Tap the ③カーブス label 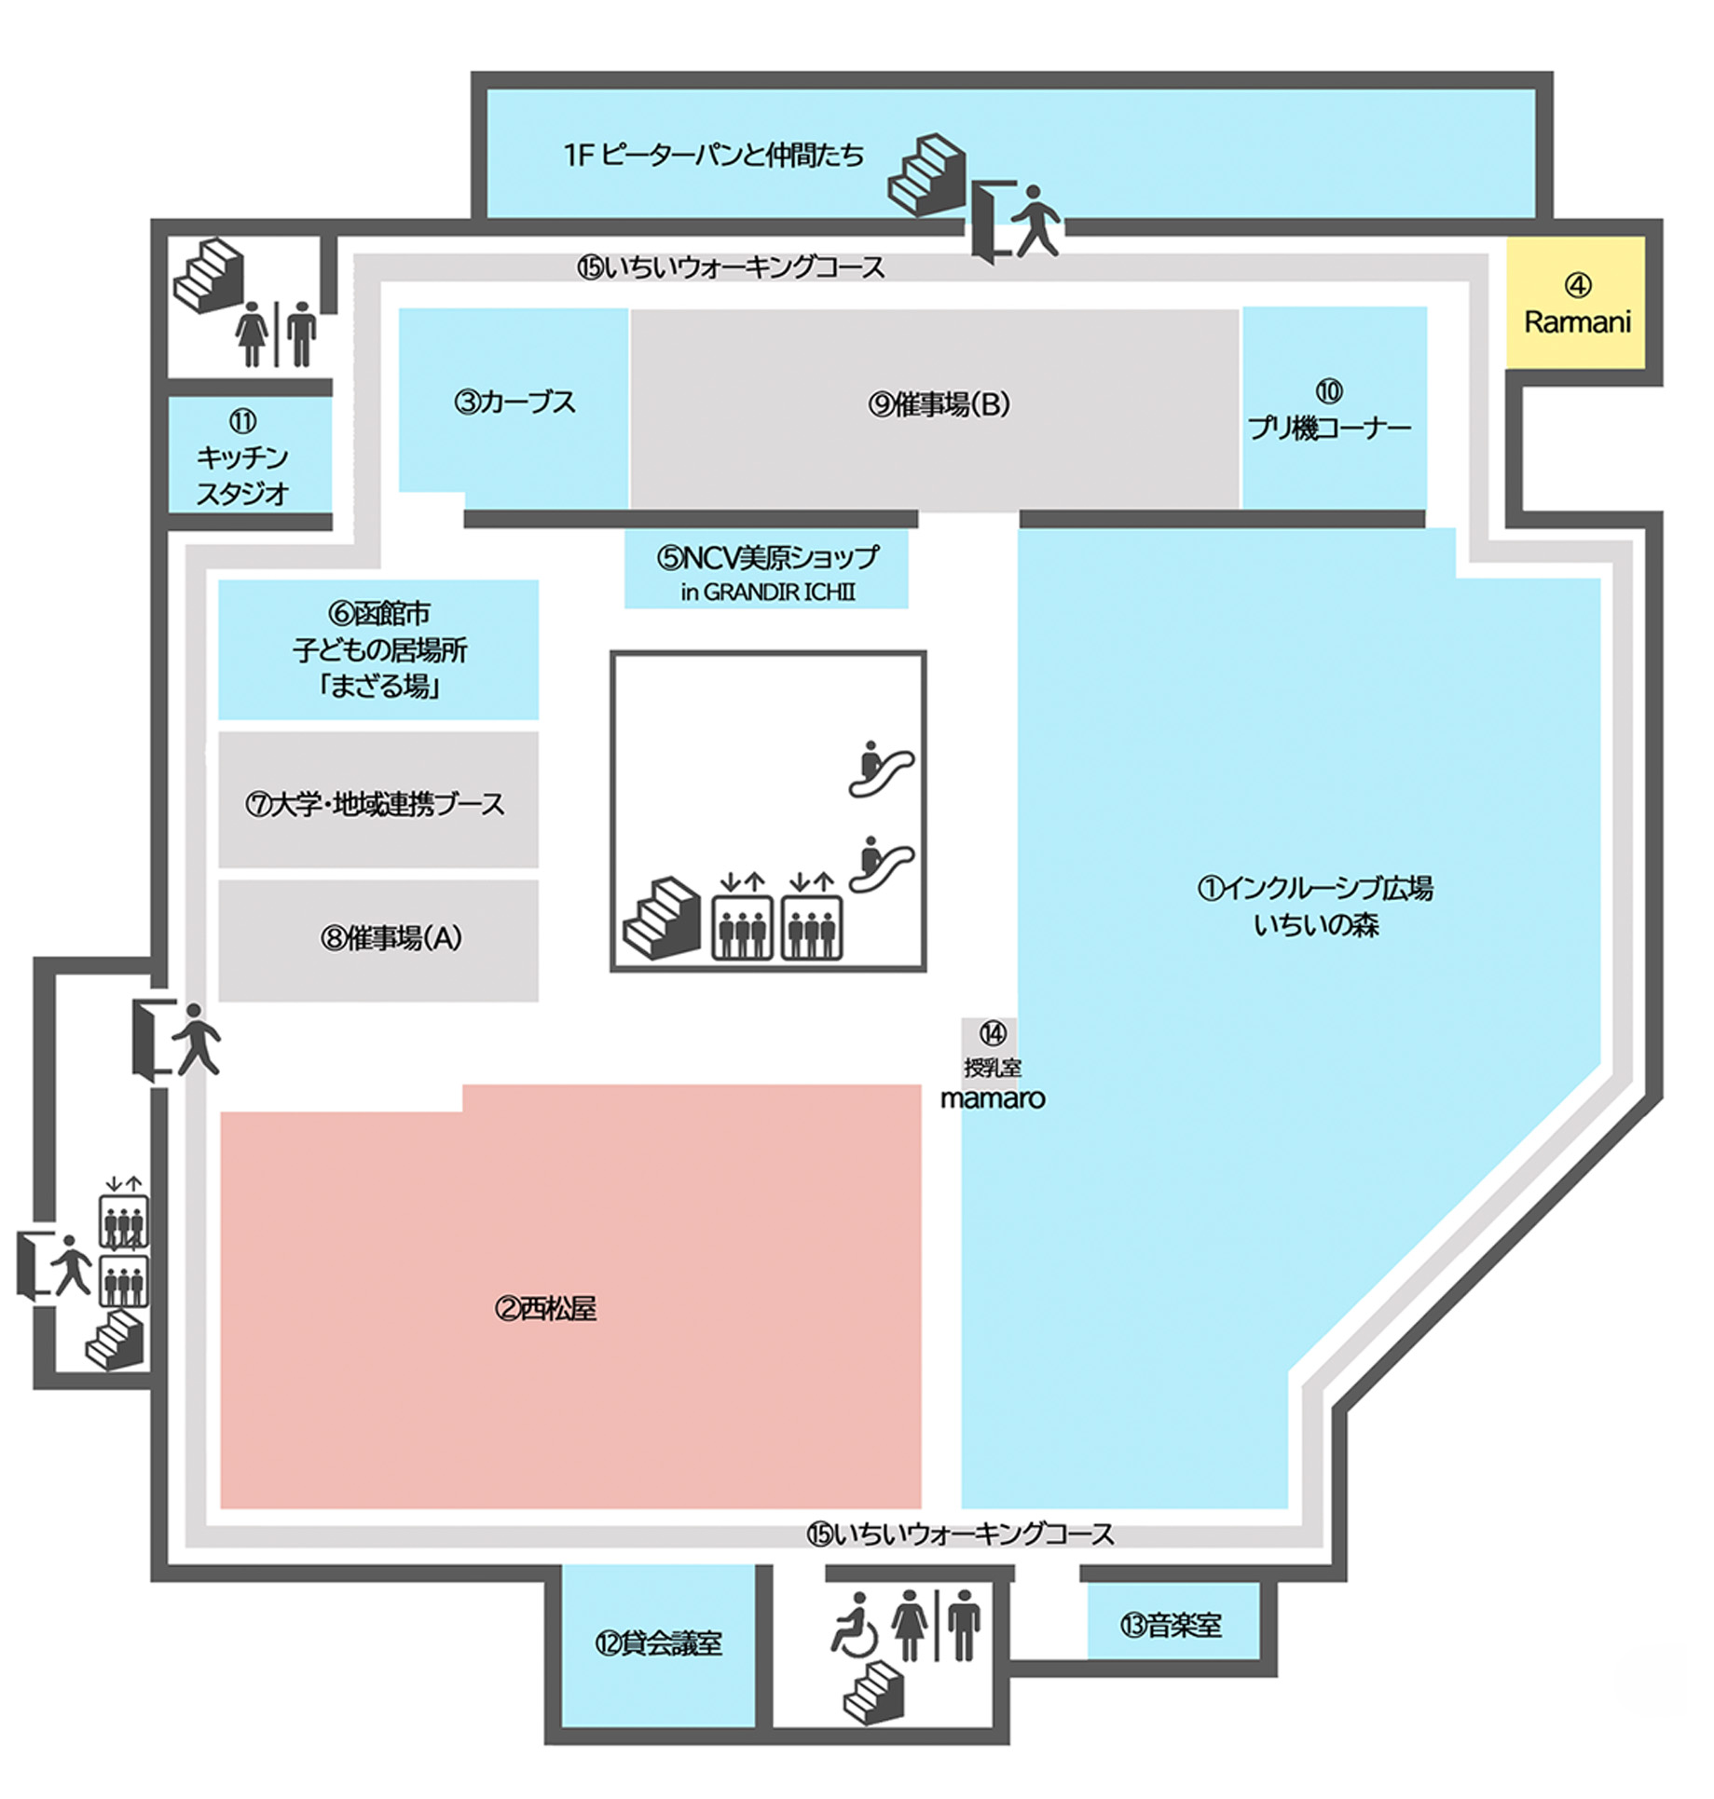click(x=514, y=402)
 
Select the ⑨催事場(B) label click(x=939, y=404)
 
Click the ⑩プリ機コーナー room click(x=1333, y=410)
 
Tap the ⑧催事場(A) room click(x=377, y=938)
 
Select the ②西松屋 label click(x=545, y=1309)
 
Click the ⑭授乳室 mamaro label click(x=992, y=1067)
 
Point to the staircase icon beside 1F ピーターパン click(x=925, y=174)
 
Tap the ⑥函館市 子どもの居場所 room click(x=378, y=649)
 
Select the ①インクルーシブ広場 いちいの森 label click(x=1314, y=906)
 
